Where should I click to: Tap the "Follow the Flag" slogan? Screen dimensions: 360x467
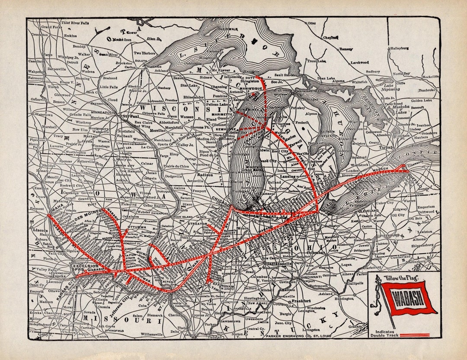click(x=398, y=278)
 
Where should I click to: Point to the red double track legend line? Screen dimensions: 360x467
click(x=415, y=335)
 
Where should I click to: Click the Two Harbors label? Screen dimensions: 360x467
click(x=144, y=53)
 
